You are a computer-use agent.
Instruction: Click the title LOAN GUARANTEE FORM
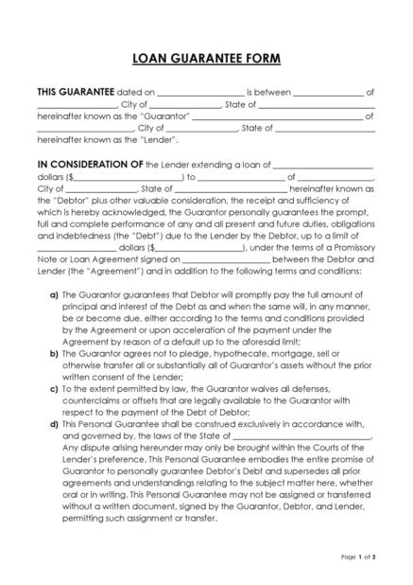coord(206,59)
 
